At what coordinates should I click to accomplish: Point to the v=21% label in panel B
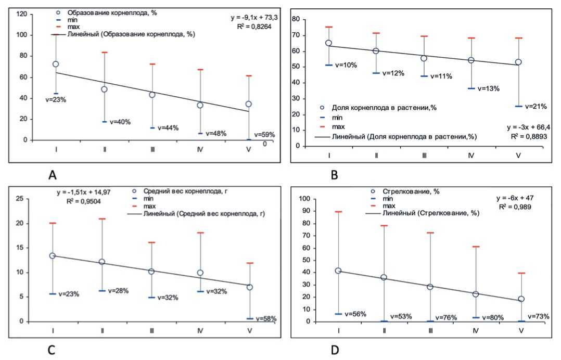click(x=536, y=107)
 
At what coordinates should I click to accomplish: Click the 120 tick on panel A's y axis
click(x=22, y=14)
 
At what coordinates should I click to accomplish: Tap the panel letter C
click(x=52, y=350)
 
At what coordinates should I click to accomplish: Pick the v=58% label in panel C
click(x=265, y=318)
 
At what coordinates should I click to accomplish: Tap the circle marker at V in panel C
click(x=250, y=287)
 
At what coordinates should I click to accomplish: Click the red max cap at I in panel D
click(x=338, y=212)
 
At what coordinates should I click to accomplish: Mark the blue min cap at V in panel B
click(x=518, y=106)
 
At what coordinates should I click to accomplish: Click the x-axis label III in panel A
click(x=152, y=149)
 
